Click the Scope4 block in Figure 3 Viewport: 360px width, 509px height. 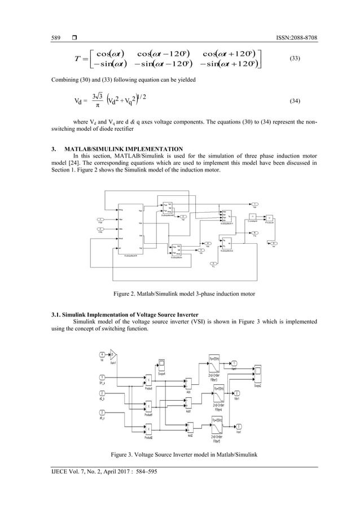[x=161, y=363]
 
